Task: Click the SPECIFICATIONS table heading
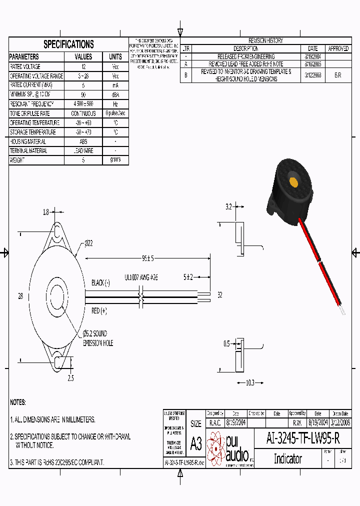coord(68,44)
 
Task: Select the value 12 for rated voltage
coord(83,66)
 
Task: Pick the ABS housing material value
coord(83,141)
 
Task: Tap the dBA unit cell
coord(115,94)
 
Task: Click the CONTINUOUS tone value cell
coord(83,113)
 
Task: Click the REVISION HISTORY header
coord(265,40)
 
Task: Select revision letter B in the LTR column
coord(185,74)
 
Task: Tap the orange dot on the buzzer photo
coord(293,181)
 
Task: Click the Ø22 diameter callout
coord(88,243)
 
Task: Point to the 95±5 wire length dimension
coord(147,258)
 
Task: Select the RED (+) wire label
coord(99,311)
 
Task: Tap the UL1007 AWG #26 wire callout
coord(141,276)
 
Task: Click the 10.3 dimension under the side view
coord(250,382)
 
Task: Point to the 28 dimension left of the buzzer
coord(20,296)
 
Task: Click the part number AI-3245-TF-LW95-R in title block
coord(303,438)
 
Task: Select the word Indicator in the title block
coord(287,458)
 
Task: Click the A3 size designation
coord(195,443)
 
